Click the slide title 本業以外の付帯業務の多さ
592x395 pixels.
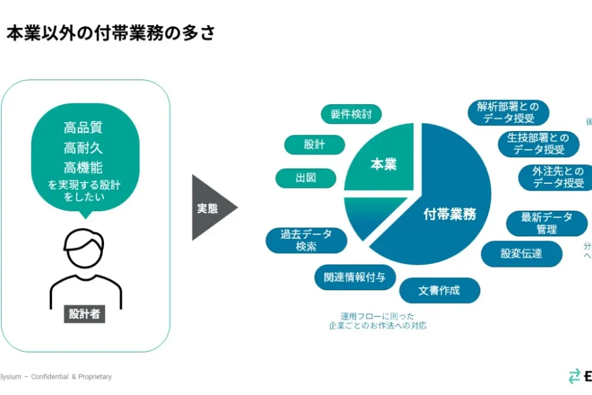[111, 34]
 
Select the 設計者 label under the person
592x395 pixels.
[84, 314]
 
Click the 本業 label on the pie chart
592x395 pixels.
[383, 164]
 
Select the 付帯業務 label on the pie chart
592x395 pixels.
[450, 214]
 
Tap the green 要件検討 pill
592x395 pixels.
[351, 114]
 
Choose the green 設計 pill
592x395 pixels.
[315, 145]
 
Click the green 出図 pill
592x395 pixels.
[306, 178]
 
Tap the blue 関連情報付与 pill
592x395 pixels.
[355, 277]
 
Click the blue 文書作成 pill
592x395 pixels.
[440, 291]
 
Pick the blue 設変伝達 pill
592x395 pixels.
[521, 254]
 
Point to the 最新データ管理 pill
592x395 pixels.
[547, 223]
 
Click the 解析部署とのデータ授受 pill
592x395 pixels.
[508, 113]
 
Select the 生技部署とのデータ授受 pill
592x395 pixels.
[539, 144]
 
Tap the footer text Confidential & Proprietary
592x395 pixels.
[71, 377]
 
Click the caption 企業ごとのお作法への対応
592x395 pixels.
[378, 326]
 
